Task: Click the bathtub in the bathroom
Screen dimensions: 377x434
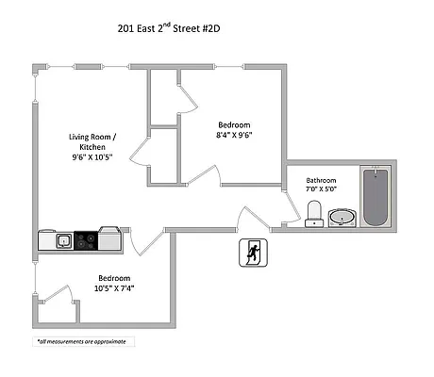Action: pyautogui.click(x=376, y=197)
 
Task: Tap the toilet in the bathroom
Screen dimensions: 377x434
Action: pyautogui.click(x=314, y=215)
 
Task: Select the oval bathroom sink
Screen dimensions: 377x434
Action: pyautogui.click(x=342, y=219)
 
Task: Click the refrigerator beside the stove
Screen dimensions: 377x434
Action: pyautogui.click(x=110, y=240)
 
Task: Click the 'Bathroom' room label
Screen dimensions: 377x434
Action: pyautogui.click(x=324, y=180)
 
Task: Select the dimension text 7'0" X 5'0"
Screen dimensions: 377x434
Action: pyautogui.click(x=324, y=190)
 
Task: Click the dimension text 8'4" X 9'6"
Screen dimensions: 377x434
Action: pyautogui.click(x=235, y=134)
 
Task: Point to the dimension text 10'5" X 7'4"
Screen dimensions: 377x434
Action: pyautogui.click(x=114, y=288)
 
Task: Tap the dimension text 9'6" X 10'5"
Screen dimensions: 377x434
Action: pyautogui.click(x=92, y=158)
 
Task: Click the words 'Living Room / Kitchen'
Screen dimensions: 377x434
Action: pyautogui.click(x=92, y=141)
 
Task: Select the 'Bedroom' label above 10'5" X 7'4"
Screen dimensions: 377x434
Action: pyautogui.click(x=113, y=278)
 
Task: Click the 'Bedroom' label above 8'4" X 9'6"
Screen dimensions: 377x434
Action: pyautogui.click(x=234, y=123)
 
